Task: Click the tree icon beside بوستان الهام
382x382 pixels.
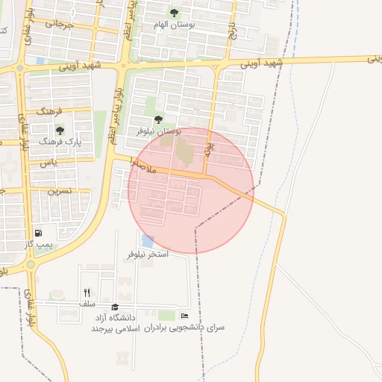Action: (174, 13)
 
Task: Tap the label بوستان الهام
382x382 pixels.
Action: (173, 25)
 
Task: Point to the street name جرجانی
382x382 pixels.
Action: (60, 23)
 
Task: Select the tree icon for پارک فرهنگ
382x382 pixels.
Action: (60, 130)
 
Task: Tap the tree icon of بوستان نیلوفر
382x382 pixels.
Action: (157, 119)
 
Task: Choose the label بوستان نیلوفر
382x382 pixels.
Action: (158, 131)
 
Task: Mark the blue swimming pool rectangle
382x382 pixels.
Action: (147, 241)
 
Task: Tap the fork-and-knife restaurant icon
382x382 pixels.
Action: (87, 292)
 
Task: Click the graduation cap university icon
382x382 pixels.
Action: (115, 307)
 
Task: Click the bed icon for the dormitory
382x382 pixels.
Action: (184, 316)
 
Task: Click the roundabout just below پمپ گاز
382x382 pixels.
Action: (31, 263)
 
